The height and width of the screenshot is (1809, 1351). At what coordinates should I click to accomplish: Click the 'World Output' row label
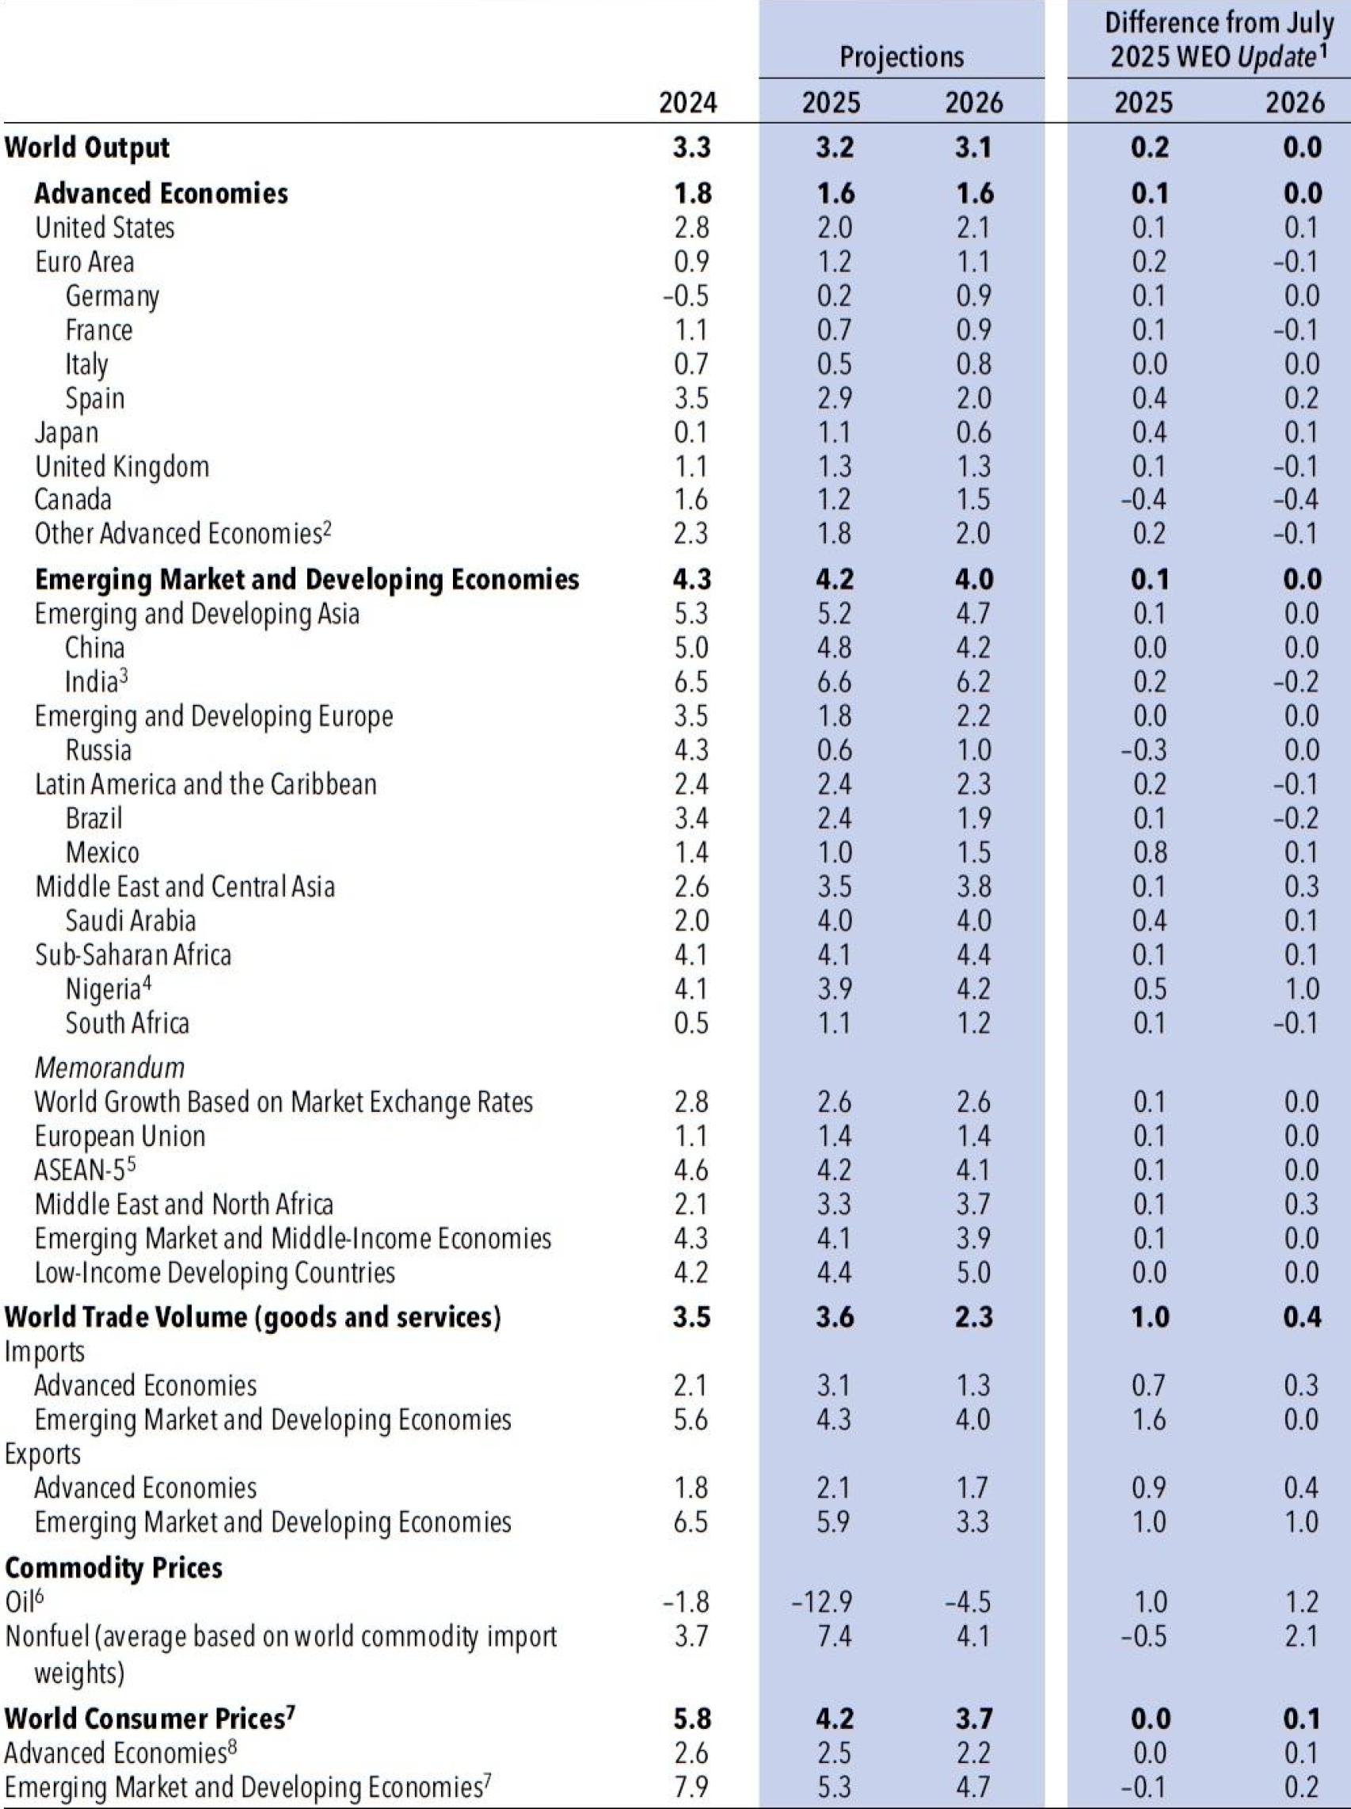click(x=86, y=148)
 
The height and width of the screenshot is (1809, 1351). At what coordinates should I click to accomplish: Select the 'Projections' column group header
click(x=901, y=56)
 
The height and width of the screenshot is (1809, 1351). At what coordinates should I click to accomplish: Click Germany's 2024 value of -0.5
click(x=685, y=296)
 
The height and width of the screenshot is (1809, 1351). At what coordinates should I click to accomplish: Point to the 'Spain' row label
click(x=95, y=398)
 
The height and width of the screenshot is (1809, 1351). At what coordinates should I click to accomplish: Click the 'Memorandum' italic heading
click(x=109, y=1067)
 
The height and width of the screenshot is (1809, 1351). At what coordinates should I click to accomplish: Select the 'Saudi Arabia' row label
click(x=130, y=921)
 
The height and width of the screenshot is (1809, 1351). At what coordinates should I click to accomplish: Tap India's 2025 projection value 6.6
click(x=833, y=682)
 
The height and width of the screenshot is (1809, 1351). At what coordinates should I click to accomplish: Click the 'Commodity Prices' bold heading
click(x=114, y=1567)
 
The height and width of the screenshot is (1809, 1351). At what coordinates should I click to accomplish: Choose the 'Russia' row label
click(x=98, y=750)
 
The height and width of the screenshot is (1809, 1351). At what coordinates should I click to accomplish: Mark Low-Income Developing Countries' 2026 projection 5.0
click(x=973, y=1273)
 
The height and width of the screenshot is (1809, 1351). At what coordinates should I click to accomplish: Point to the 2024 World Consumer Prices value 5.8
click(x=691, y=1718)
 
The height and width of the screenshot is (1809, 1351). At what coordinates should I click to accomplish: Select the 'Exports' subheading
click(x=43, y=1453)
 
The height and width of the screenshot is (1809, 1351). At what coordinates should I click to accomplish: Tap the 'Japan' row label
click(x=67, y=432)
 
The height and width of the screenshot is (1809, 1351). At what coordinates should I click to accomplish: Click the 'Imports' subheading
click(x=44, y=1351)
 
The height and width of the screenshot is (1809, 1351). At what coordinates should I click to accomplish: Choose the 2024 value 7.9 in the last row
click(x=691, y=1787)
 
